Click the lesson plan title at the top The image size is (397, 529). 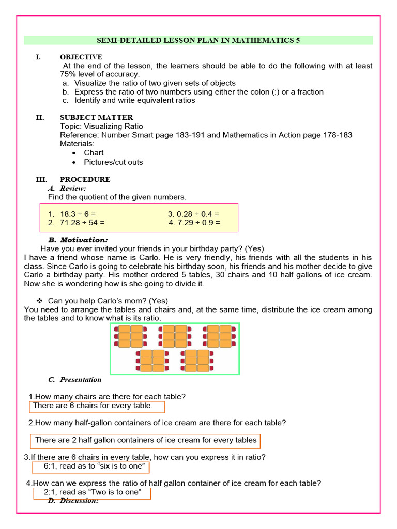tap(198, 40)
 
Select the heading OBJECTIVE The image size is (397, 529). tap(81, 57)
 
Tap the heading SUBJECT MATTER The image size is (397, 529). tap(96, 118)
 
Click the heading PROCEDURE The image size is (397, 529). tap(85, 180)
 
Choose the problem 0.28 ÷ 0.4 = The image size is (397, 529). tap(194, 214)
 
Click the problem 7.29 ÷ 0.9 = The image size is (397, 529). tap(194, 223)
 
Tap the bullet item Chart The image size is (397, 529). tap(94, 153)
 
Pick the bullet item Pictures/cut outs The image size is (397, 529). tap(113, 162)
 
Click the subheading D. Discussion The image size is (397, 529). tap(79, 501)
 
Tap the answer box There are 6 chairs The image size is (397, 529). tap(97, 406)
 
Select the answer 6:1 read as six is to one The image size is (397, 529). tap(91, 466)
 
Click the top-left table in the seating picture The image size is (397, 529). tap(130, 336)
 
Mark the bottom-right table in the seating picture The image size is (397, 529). tap(196, 361)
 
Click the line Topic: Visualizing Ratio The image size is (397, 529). tap(101, 127)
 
